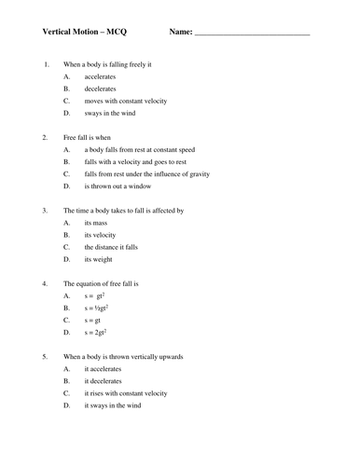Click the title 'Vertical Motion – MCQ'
85,33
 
